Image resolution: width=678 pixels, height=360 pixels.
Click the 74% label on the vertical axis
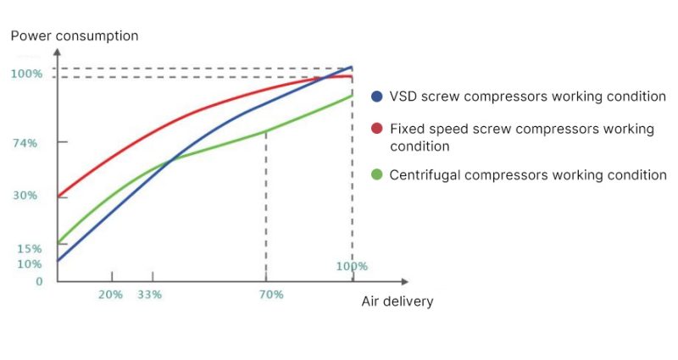click(24, 143)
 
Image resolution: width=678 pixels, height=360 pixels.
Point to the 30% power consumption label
click(24, 196)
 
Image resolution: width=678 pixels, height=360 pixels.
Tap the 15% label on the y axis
click(28, 248)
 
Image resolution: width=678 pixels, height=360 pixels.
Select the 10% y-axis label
click(28, 263)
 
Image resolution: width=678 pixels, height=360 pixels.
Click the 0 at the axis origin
click(39, 280)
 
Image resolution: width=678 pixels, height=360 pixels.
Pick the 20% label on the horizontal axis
click(110, 295)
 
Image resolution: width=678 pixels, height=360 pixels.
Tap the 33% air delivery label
click(149, 295)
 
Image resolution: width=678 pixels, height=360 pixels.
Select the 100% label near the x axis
click(352, 266)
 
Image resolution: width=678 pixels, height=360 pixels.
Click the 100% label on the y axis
click(26, 74)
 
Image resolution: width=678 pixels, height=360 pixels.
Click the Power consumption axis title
click(74, 36)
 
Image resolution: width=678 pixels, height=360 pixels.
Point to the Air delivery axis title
click(397, 302)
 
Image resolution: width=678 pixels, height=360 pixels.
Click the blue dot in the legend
click(377, 97)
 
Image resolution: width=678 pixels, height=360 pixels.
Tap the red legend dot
click(377, 129)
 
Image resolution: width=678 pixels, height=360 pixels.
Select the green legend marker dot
click(377, 175)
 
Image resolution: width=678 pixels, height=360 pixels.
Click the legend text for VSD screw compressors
click(527, 97)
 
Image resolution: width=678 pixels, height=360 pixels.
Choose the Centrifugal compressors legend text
click(527, 175)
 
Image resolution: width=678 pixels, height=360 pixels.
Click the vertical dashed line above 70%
click(266, 203)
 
